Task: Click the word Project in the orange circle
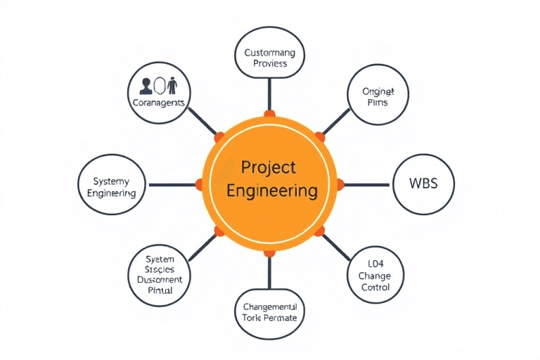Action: (x=268, y=168)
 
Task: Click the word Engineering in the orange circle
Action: (x=269, y=191)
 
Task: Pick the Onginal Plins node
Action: (x=378, y=96)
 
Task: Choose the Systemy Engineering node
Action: (x=110, y=185)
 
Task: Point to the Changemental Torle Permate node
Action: (x=269, y=312)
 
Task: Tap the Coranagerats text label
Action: (x=158, y=102)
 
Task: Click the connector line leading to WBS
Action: (x=366, y=185)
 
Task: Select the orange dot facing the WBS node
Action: (x=340, y=185)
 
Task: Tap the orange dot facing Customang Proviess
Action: (x=269, y=113)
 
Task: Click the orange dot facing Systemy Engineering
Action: (x=198, y=185)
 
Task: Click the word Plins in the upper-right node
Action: (x=378, y=103)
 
